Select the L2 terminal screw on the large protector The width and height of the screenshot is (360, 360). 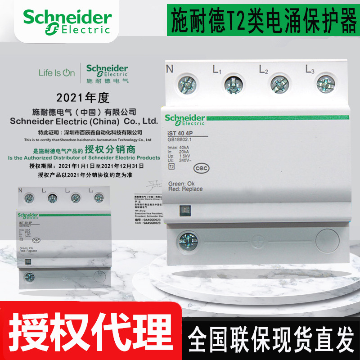pyautogui.click(x=279, y=84)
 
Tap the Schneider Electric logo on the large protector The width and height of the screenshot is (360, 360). pyautogui.click(x=184, y=120)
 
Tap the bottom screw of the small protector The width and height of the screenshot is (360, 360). pyautogui.click(x=28, y=276)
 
